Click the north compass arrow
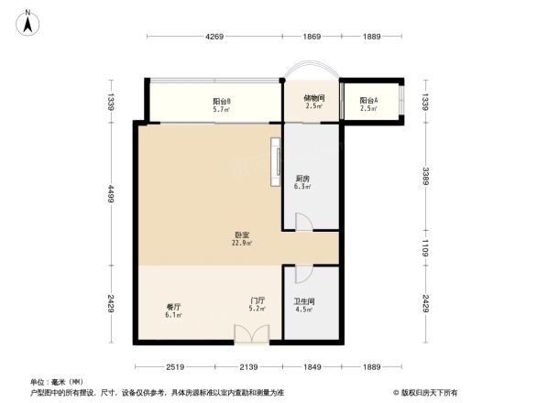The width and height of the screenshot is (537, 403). coord(28,21)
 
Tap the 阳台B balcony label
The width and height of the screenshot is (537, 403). coord(222,102)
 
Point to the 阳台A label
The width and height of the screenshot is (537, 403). coord(368,100)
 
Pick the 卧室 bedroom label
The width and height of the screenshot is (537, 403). coord(242,235)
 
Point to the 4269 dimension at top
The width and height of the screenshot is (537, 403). coord(214,37)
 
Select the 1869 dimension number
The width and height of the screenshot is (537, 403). coord(312,37)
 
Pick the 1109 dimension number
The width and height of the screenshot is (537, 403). coord(426,246)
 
